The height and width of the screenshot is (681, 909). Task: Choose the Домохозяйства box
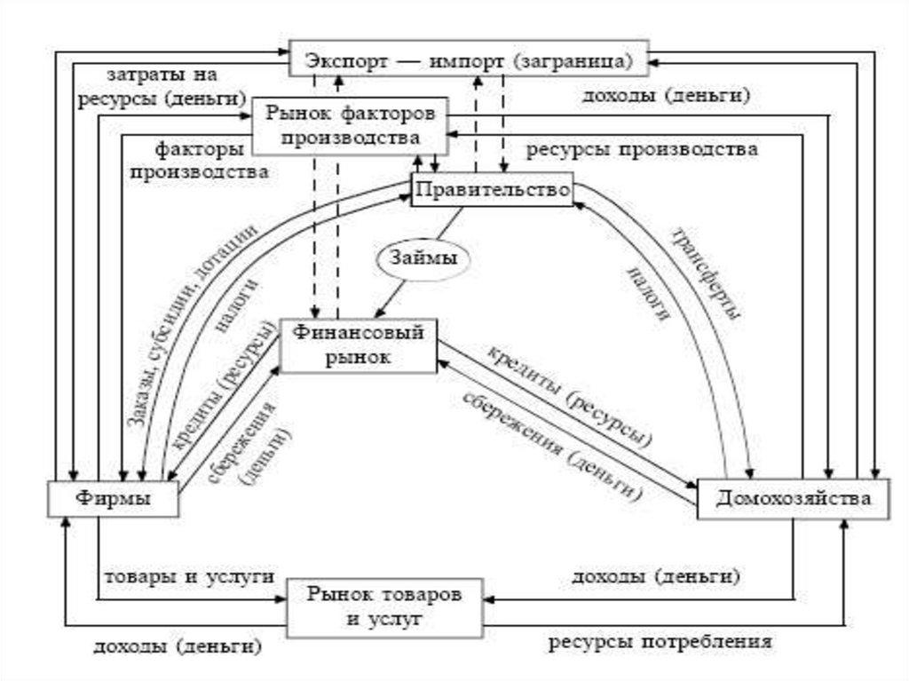point(794,499)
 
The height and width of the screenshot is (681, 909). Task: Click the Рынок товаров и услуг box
point(386,606)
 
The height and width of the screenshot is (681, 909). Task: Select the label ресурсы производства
point(642,149)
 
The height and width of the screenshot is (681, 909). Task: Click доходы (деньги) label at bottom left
point(178,646)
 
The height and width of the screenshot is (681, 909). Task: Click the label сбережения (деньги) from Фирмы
point(249,442)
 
